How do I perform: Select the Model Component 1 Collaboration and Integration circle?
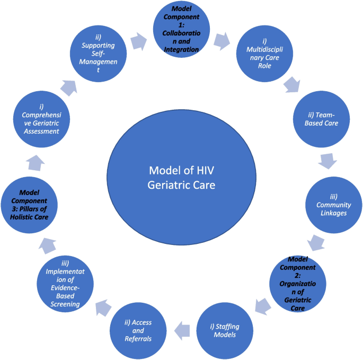pos(181,30)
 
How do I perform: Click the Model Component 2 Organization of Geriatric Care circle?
pos(302,283)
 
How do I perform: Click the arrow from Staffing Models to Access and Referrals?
pos(183,328)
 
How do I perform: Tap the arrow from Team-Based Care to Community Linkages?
pos(327,161)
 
